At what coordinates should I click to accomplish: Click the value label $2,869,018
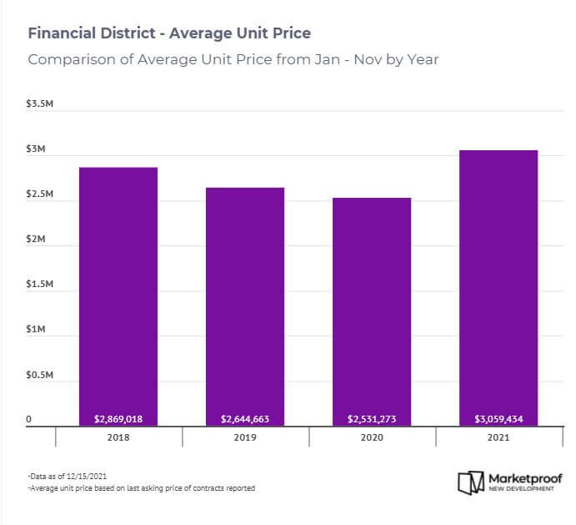[118, 418]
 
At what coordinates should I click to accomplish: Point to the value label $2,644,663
[245, 418]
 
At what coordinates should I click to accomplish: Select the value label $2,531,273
[372, 418]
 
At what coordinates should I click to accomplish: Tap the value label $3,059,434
[498, 418]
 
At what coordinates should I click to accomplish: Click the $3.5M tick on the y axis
[41, 104]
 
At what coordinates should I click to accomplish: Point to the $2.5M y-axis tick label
[41, 194]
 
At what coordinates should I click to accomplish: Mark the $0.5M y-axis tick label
[41, 375]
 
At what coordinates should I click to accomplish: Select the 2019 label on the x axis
[245, 437]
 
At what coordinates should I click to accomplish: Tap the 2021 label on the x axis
[498, 437]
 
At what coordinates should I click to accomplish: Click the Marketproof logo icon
[470, 482]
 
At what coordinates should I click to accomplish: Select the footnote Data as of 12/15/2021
[67, 476]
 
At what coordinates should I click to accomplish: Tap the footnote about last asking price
[141, 488]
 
